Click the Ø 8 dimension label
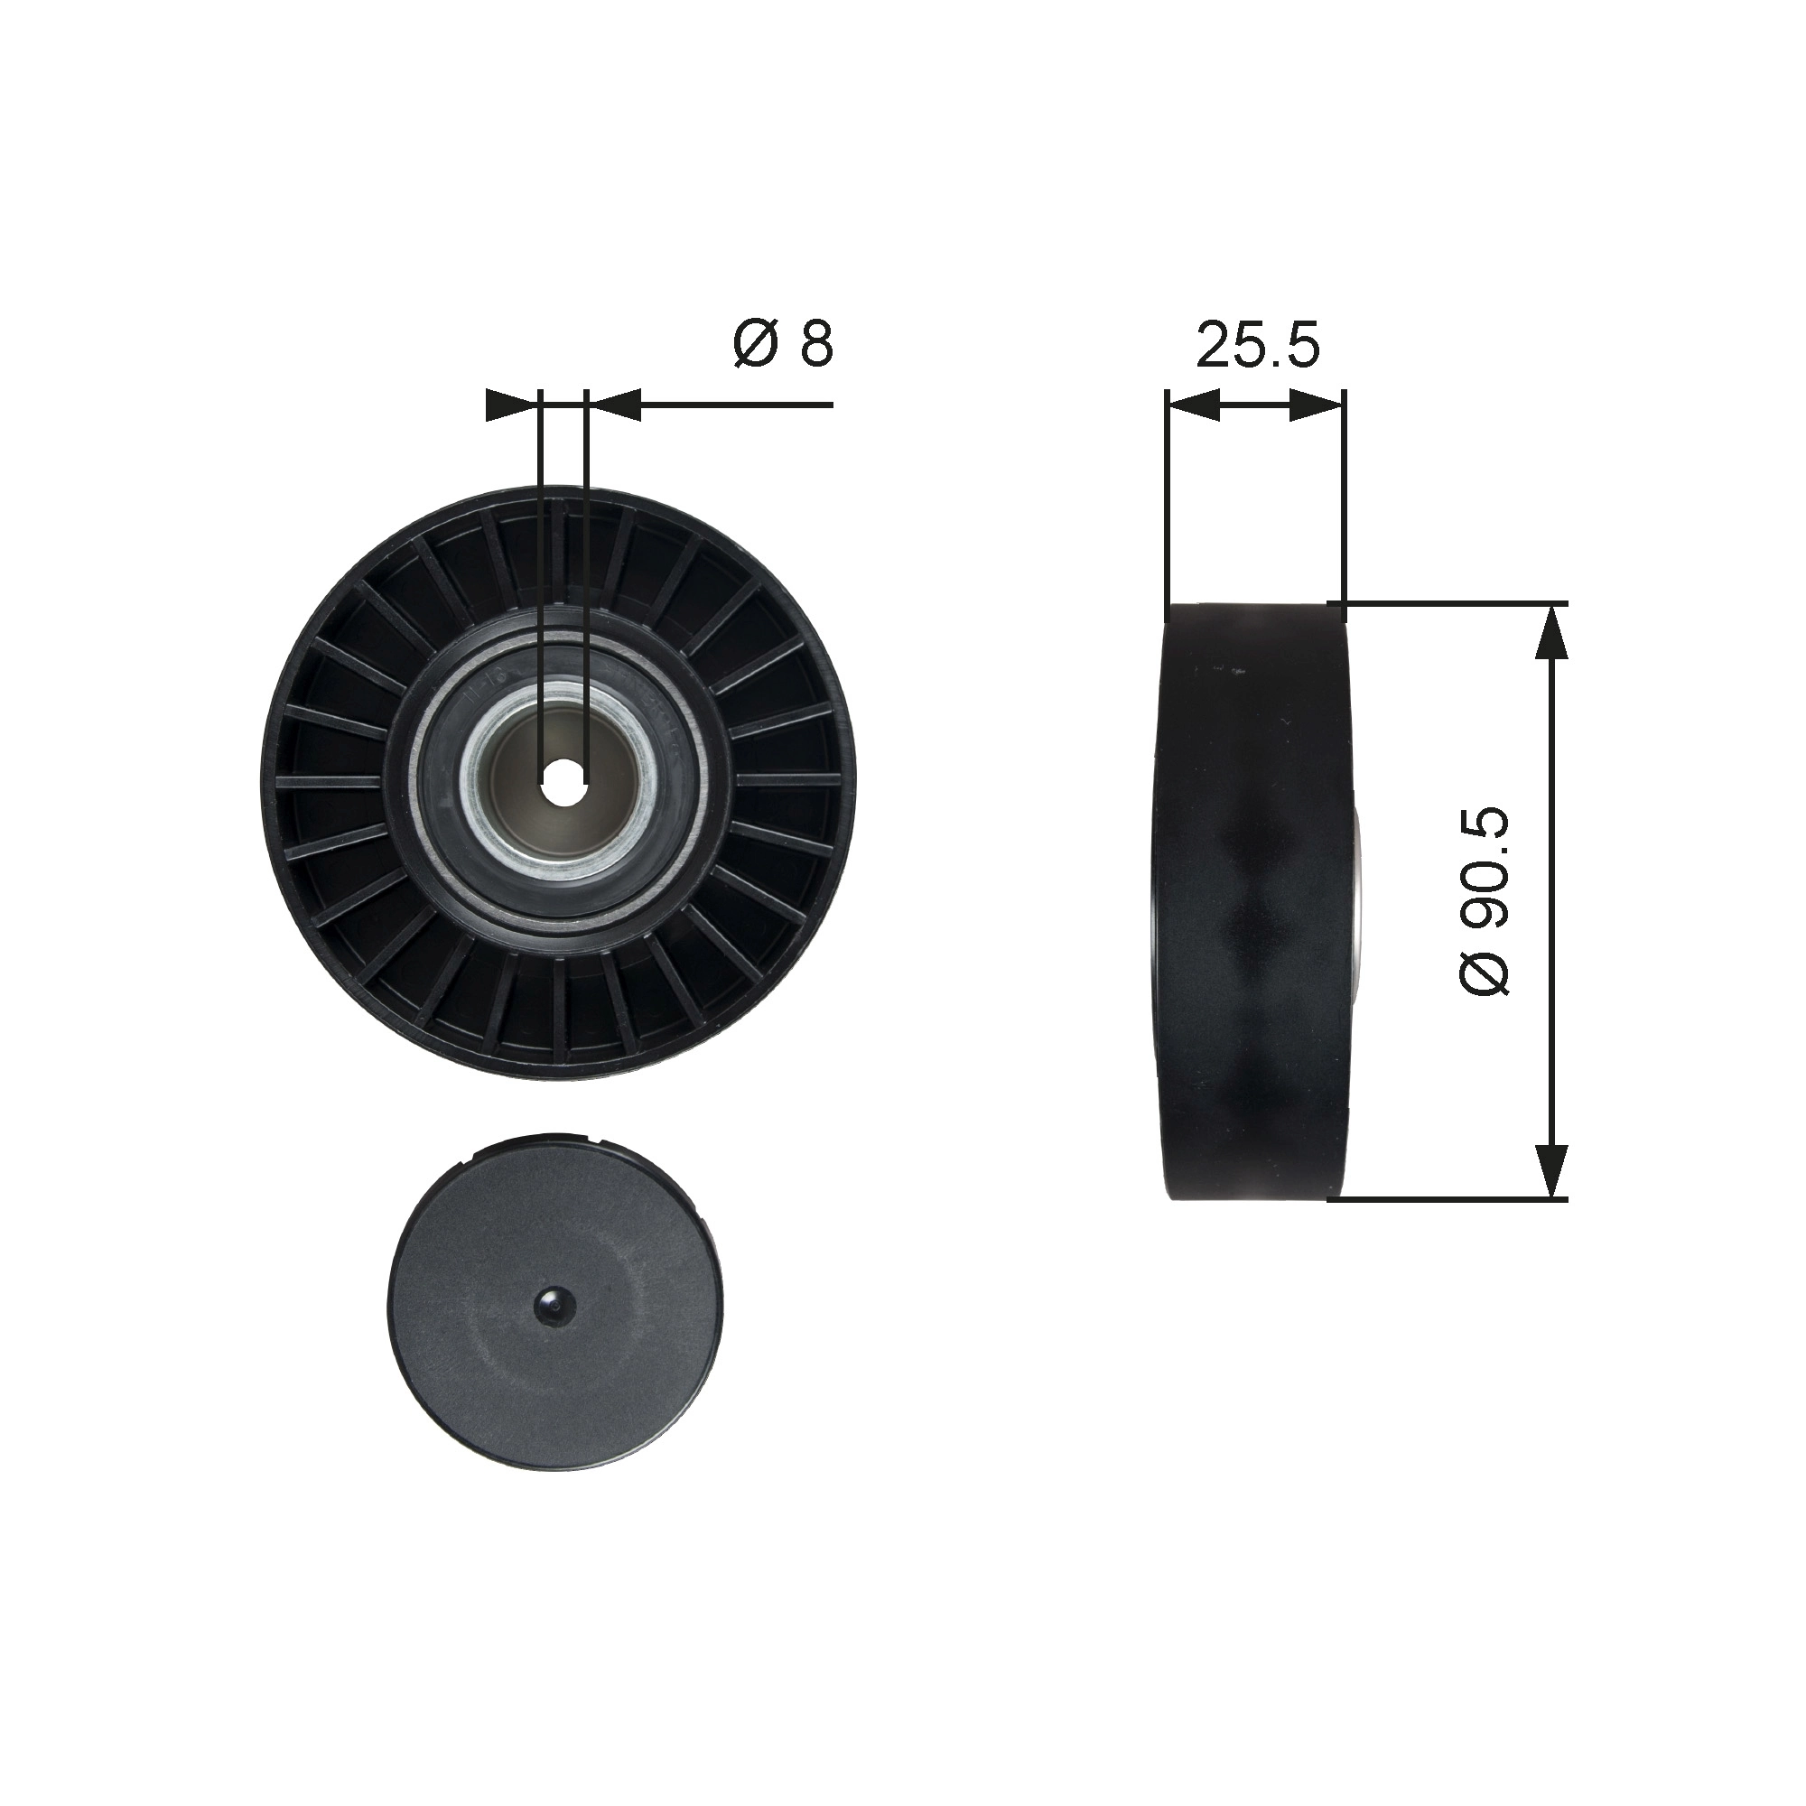click(x=782, y=343)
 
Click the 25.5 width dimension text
click(x=1257, y=345)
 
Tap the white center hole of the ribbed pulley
click(x=563, y=777)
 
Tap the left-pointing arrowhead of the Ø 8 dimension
click(x=615, y=405)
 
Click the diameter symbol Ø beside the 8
click(x=755, y=343)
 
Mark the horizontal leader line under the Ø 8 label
click(x=739, y=405)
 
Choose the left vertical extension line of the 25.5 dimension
click(x=1168, y=505)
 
